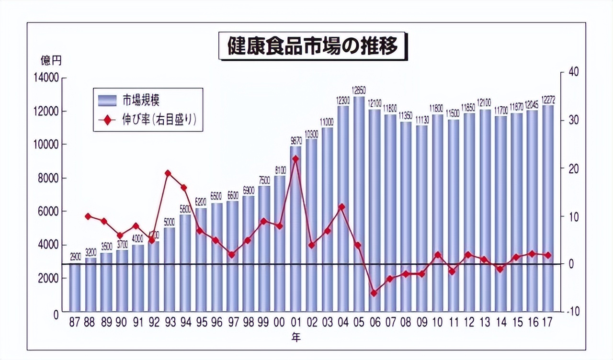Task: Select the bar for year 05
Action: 359,203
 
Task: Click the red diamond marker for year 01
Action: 295,158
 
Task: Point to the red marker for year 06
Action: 374,293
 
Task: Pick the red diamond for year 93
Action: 168,173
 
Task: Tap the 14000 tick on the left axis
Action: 46,78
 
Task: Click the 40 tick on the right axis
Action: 574,72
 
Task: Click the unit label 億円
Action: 51,61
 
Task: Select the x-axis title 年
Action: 297,337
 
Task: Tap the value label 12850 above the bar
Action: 359,90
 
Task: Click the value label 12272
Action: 548,99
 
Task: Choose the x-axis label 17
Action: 548,323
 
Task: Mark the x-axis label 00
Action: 280,323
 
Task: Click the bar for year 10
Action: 437,213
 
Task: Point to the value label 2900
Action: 75,258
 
